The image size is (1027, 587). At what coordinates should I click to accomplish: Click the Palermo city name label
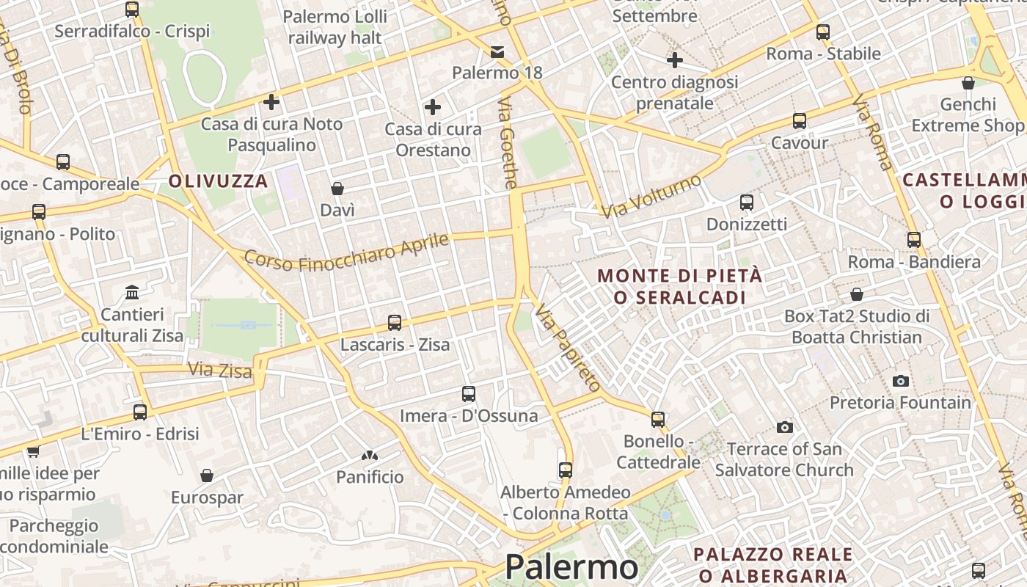571,567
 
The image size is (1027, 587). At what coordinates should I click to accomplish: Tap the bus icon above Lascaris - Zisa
395,322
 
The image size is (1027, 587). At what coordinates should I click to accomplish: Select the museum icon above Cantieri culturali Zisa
132,293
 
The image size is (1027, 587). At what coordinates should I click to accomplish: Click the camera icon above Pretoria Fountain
901,381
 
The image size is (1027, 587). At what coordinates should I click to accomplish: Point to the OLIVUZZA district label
219,181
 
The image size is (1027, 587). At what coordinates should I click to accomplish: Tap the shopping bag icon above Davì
337,189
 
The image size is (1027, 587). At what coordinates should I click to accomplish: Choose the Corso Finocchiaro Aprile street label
346,251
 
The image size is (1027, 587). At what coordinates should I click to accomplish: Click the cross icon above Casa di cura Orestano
433,108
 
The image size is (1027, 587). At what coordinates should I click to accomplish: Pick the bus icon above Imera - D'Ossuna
469,394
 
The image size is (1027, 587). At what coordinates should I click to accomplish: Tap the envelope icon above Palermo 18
497,51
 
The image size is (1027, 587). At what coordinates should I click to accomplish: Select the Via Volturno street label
651,195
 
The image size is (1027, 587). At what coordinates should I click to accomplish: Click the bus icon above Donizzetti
747,203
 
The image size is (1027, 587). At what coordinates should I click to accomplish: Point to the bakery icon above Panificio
370,456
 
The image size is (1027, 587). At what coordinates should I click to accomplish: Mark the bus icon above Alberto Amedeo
565,470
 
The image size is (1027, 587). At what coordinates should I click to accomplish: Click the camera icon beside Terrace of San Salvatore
784,427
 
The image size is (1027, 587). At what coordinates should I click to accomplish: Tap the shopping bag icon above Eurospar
207,476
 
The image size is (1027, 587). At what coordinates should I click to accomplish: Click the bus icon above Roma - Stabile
823,32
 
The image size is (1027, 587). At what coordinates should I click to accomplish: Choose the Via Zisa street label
220,371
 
